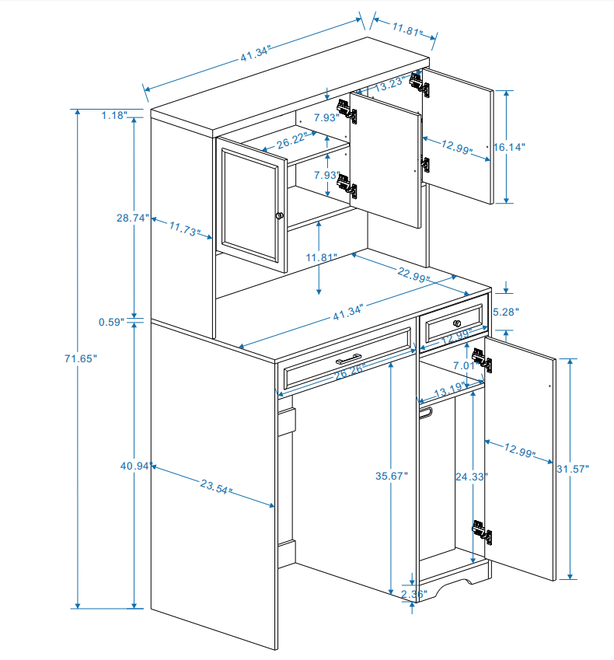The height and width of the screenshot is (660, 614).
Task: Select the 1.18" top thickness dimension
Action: pyautogui.click(x=113, y=116)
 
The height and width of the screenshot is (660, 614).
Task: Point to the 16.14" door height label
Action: pyautogui.click(x=510, y=146)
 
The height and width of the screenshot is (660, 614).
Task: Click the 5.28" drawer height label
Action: pyautogui.click(x=506, y=312)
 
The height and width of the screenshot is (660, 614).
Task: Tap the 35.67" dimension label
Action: pyautogui.click(x=391, y=475)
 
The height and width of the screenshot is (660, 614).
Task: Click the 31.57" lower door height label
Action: pyautogui.click(x=573, y=468)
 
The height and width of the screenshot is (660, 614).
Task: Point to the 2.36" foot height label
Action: pyautogui.click(x=413, y=595)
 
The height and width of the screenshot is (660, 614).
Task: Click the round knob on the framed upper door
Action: pyautogui.click(x=280, y=215)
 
